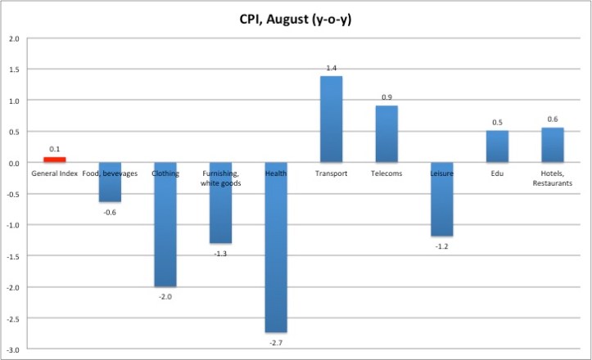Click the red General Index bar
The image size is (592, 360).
click(54, 160)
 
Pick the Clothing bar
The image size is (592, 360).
click(165, 225)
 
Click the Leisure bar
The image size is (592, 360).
click(441, 200)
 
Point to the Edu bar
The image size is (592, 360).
click(497, 146)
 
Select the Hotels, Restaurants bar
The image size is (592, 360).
click(552, 145)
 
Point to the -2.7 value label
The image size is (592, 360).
click(276, 340)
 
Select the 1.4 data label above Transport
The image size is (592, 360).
click(331, 69)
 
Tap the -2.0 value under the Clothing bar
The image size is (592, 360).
click(165, 296)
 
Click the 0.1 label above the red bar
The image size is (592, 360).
click(54, 149)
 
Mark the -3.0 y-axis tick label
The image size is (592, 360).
click(13, 349)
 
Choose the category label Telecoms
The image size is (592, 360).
click(386, 173)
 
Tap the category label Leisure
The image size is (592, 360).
click(441, 173)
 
